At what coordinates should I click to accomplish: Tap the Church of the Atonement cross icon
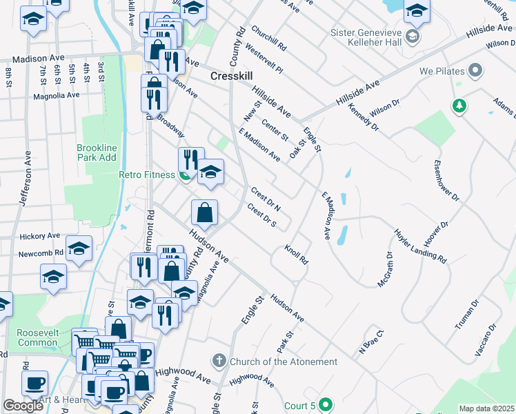coord(219,361)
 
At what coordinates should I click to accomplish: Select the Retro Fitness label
coord(147,175)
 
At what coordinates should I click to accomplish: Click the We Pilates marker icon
coord(475,70)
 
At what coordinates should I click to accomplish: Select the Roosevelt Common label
coord(38,337)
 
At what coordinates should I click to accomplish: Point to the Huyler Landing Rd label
coord(420,246)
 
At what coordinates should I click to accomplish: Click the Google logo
coord(23,406)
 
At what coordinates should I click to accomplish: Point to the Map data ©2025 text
coord(486,408)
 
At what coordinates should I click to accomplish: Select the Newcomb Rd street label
coord(41,253)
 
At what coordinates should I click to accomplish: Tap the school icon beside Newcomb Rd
coord(79,248)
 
